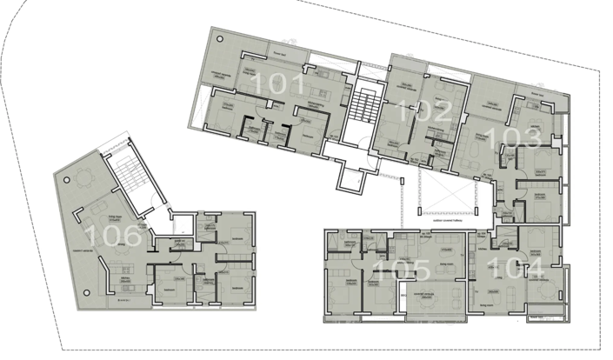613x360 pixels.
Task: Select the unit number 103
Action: (x=516, y=137)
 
